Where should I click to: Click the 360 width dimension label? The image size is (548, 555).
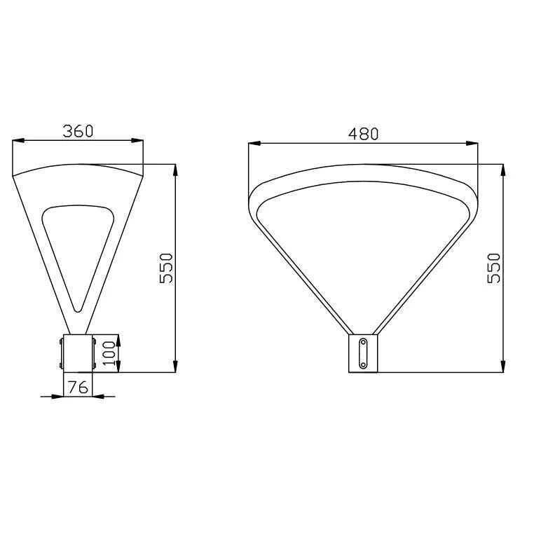[x=78, y=131]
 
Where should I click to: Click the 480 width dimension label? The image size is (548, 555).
[x=363, y=134]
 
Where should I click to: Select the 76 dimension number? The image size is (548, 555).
[x=78, y=388]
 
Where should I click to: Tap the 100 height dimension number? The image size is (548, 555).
[x=109, y=353]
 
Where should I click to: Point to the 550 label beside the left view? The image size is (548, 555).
[x=166, y=268]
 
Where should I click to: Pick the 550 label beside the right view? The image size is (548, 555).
[x=494, y=268]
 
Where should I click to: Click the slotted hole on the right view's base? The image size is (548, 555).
[x=363, y=353]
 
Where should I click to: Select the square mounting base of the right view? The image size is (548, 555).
[x=363, y=353]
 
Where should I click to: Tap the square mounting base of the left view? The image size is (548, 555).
[x=78, y=353]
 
